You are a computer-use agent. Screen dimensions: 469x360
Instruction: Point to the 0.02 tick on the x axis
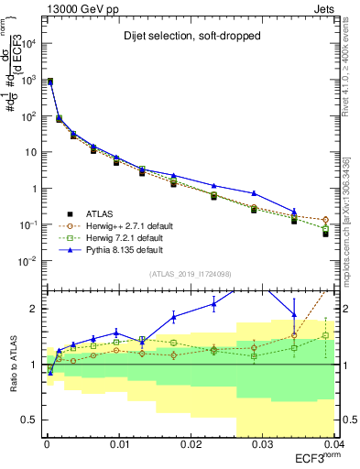[x=190, y=444]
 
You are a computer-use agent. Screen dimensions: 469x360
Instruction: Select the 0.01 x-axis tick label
[x=118, y=444]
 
